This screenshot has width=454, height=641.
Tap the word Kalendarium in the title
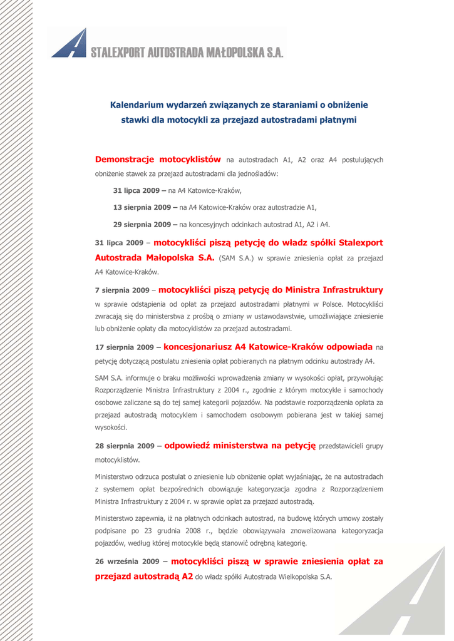tap(137, 104)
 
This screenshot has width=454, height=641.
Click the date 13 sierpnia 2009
tap(138, 207)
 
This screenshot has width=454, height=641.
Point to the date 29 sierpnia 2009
tap(138, 224)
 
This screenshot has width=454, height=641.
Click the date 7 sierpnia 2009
tap(121, 291)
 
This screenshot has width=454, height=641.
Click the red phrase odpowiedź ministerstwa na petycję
tap(240, 446)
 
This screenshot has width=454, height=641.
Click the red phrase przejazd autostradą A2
tap(143, 576)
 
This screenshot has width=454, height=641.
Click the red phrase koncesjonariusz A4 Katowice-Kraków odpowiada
tap(268, 346)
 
